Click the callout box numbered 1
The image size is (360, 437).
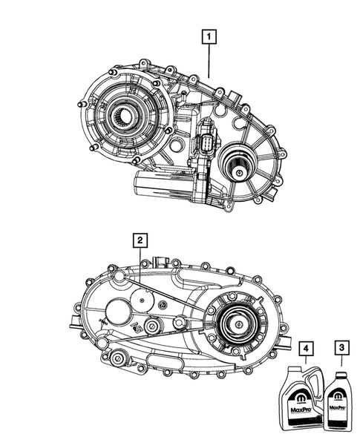[x=210, y=36]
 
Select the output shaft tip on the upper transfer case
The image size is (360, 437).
[x=241, y=171]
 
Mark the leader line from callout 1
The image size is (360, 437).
[x=210, y=59]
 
